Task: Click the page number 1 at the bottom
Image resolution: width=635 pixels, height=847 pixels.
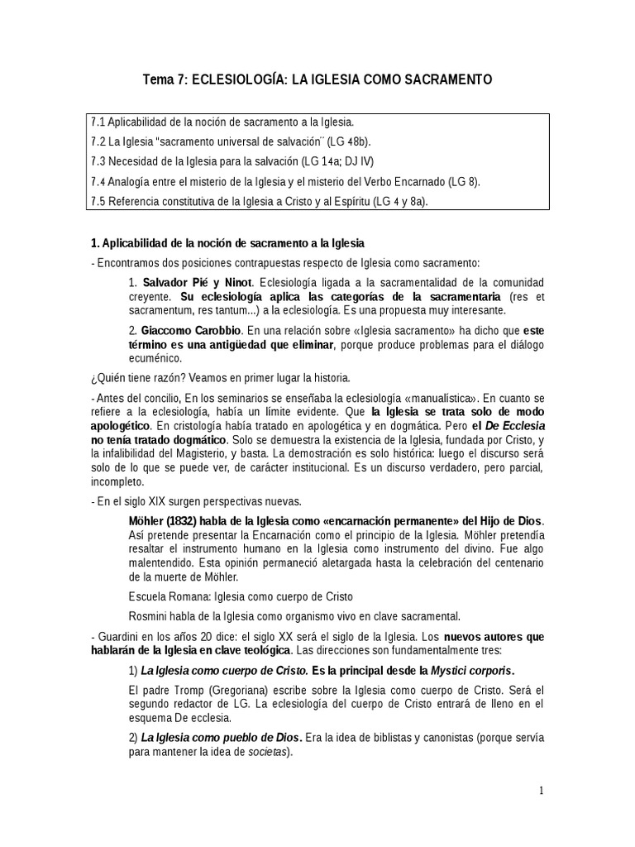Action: [x=542, y=791]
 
